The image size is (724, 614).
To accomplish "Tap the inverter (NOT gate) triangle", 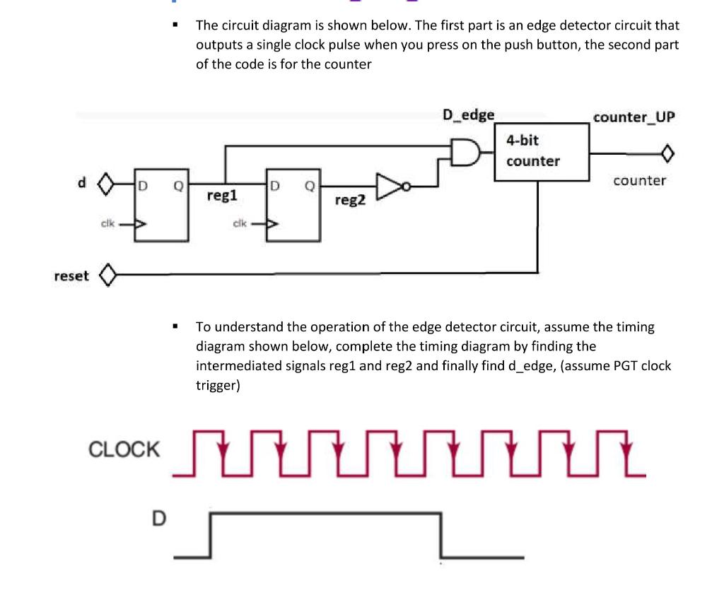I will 390,185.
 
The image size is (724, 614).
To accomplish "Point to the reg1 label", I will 222,194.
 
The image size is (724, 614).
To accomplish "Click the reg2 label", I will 350,200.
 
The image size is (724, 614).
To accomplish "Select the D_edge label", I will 468,114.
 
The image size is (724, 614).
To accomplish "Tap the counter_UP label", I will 634,117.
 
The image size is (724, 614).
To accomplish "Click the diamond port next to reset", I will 108,275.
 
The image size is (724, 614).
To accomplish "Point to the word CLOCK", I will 124,449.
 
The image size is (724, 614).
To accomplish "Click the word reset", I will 71,276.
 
